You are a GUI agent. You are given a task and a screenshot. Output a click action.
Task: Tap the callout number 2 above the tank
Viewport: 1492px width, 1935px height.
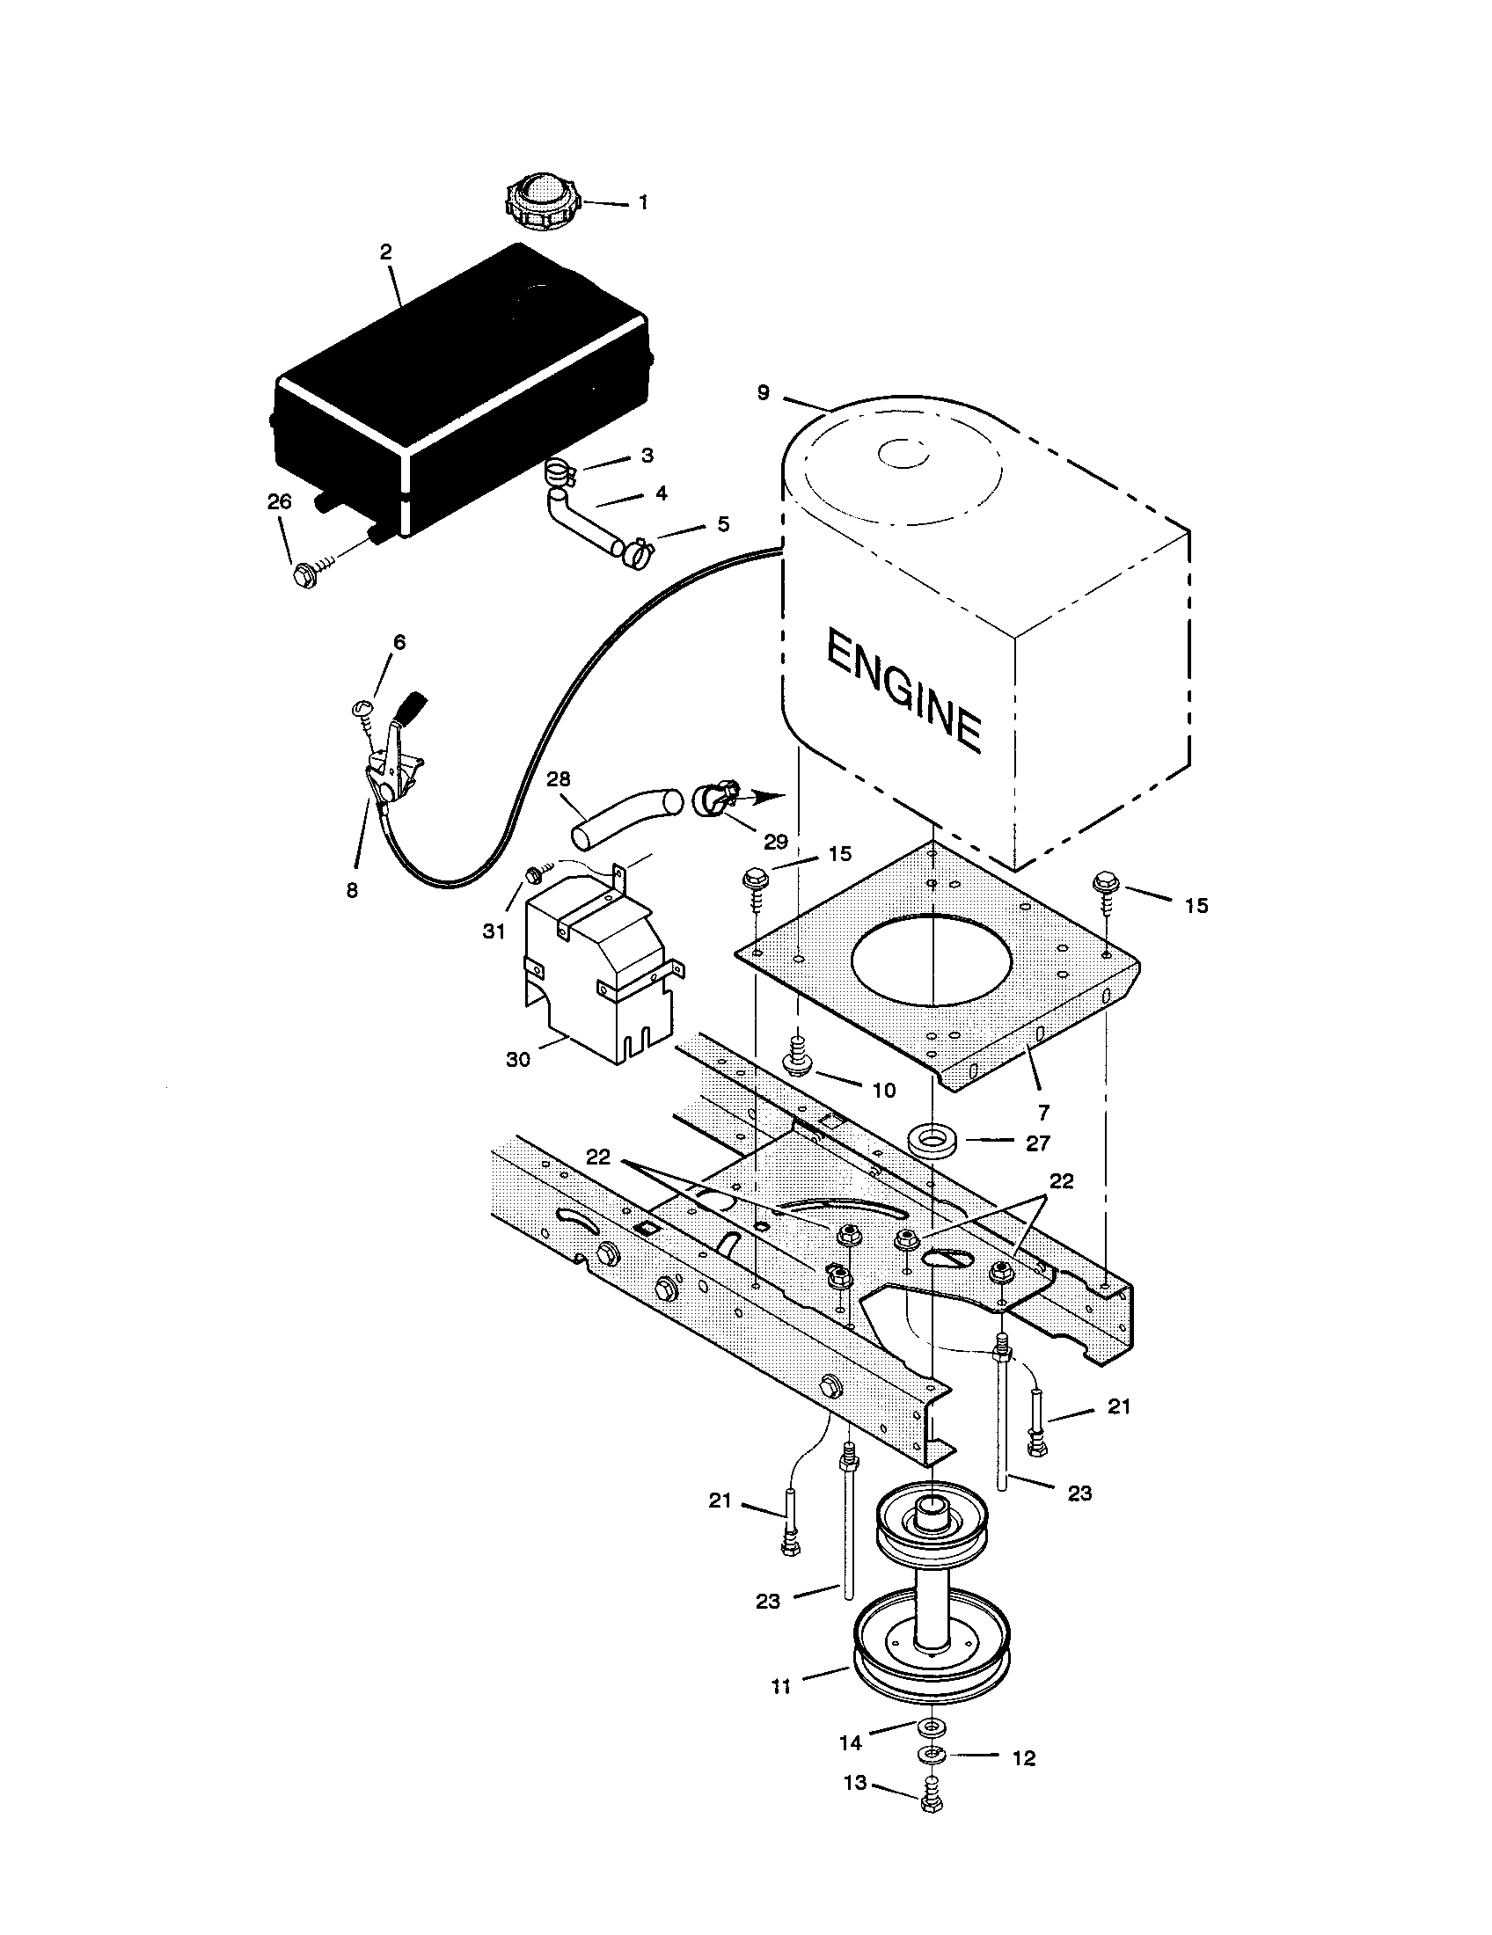coord(385,252)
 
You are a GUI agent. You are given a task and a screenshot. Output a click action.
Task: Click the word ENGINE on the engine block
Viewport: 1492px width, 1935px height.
coord(903,691)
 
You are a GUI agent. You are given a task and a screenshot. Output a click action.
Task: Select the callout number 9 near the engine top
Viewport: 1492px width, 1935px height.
coord(764,392)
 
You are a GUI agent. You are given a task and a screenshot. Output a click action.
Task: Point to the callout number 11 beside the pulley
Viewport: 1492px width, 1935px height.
coord(780,1688)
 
